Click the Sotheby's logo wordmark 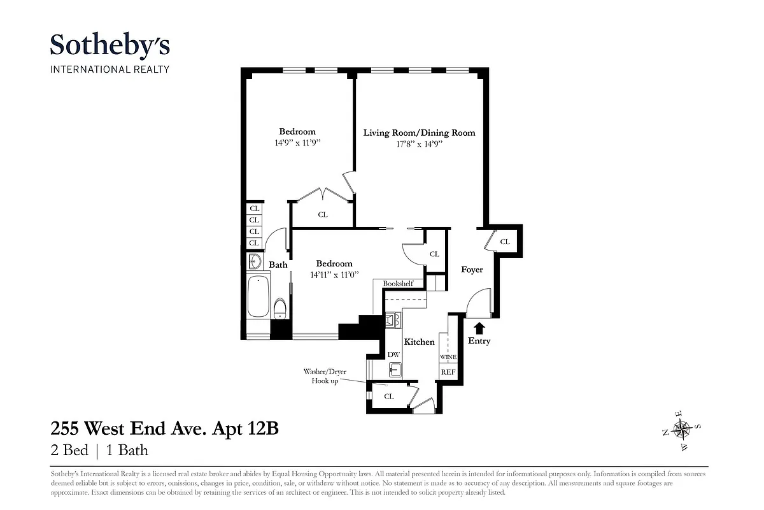coord(110,46)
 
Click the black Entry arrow coord(479,328)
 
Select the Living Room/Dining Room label coord(419,133)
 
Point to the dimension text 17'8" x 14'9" coord(419,145)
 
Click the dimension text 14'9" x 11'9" coord(297,143)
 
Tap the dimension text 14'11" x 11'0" coord(334,275)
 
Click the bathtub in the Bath coord(258,297)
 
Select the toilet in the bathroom coord(279,309)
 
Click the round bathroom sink coord(255,261)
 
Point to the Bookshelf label coord(398,284)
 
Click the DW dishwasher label coord(393,354)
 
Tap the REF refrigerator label coord(448,371)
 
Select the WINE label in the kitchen coord(448,358)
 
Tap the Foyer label coord(472,270)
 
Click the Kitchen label coord(420,342)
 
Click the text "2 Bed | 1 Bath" coord(99,451)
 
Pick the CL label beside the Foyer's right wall coord(505,242)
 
